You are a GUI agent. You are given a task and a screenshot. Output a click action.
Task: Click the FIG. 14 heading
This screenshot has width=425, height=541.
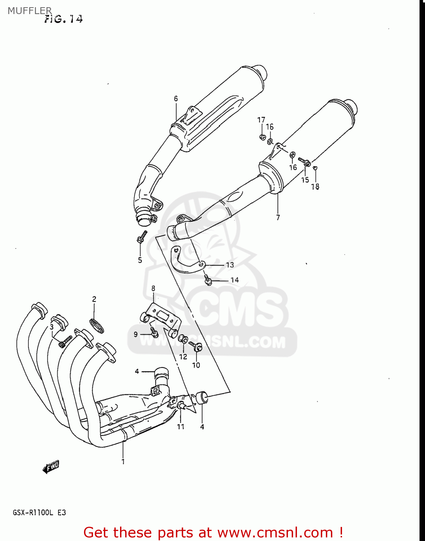click(63, 19)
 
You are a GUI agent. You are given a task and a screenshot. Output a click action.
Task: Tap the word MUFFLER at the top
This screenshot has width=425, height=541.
click(30, 11)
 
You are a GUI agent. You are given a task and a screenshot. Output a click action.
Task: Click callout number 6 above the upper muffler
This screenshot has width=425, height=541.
click(176, 98)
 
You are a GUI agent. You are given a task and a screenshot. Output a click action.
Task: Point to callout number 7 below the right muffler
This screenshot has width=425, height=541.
click(278, 217)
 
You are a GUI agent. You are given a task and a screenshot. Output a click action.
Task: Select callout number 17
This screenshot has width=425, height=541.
click(261, 120)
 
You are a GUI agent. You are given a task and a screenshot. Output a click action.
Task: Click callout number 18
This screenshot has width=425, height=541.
click(315, 186)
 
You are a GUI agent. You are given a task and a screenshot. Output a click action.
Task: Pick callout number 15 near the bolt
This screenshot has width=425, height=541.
click(305, 180)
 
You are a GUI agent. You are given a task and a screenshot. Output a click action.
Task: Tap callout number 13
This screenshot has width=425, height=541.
click(230, 265)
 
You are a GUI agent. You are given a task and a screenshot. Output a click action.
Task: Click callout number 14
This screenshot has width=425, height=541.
click(234, 280)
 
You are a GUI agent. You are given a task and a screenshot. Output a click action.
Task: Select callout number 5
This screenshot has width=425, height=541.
click(140, 260)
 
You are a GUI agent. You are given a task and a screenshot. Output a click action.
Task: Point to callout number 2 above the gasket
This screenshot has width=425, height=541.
click(94, 299)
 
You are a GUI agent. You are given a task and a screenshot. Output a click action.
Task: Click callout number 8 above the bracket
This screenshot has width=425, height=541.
click(153, 288)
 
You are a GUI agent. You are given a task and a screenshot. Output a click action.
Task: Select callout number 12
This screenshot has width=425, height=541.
click(183, 357)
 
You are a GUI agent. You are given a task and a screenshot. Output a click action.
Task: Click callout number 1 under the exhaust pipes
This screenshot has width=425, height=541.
click(123, 461)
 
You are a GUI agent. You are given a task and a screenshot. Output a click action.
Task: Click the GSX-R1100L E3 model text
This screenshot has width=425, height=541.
click(39, 513)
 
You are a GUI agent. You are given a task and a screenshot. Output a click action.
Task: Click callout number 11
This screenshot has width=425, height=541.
click(181, 427)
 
